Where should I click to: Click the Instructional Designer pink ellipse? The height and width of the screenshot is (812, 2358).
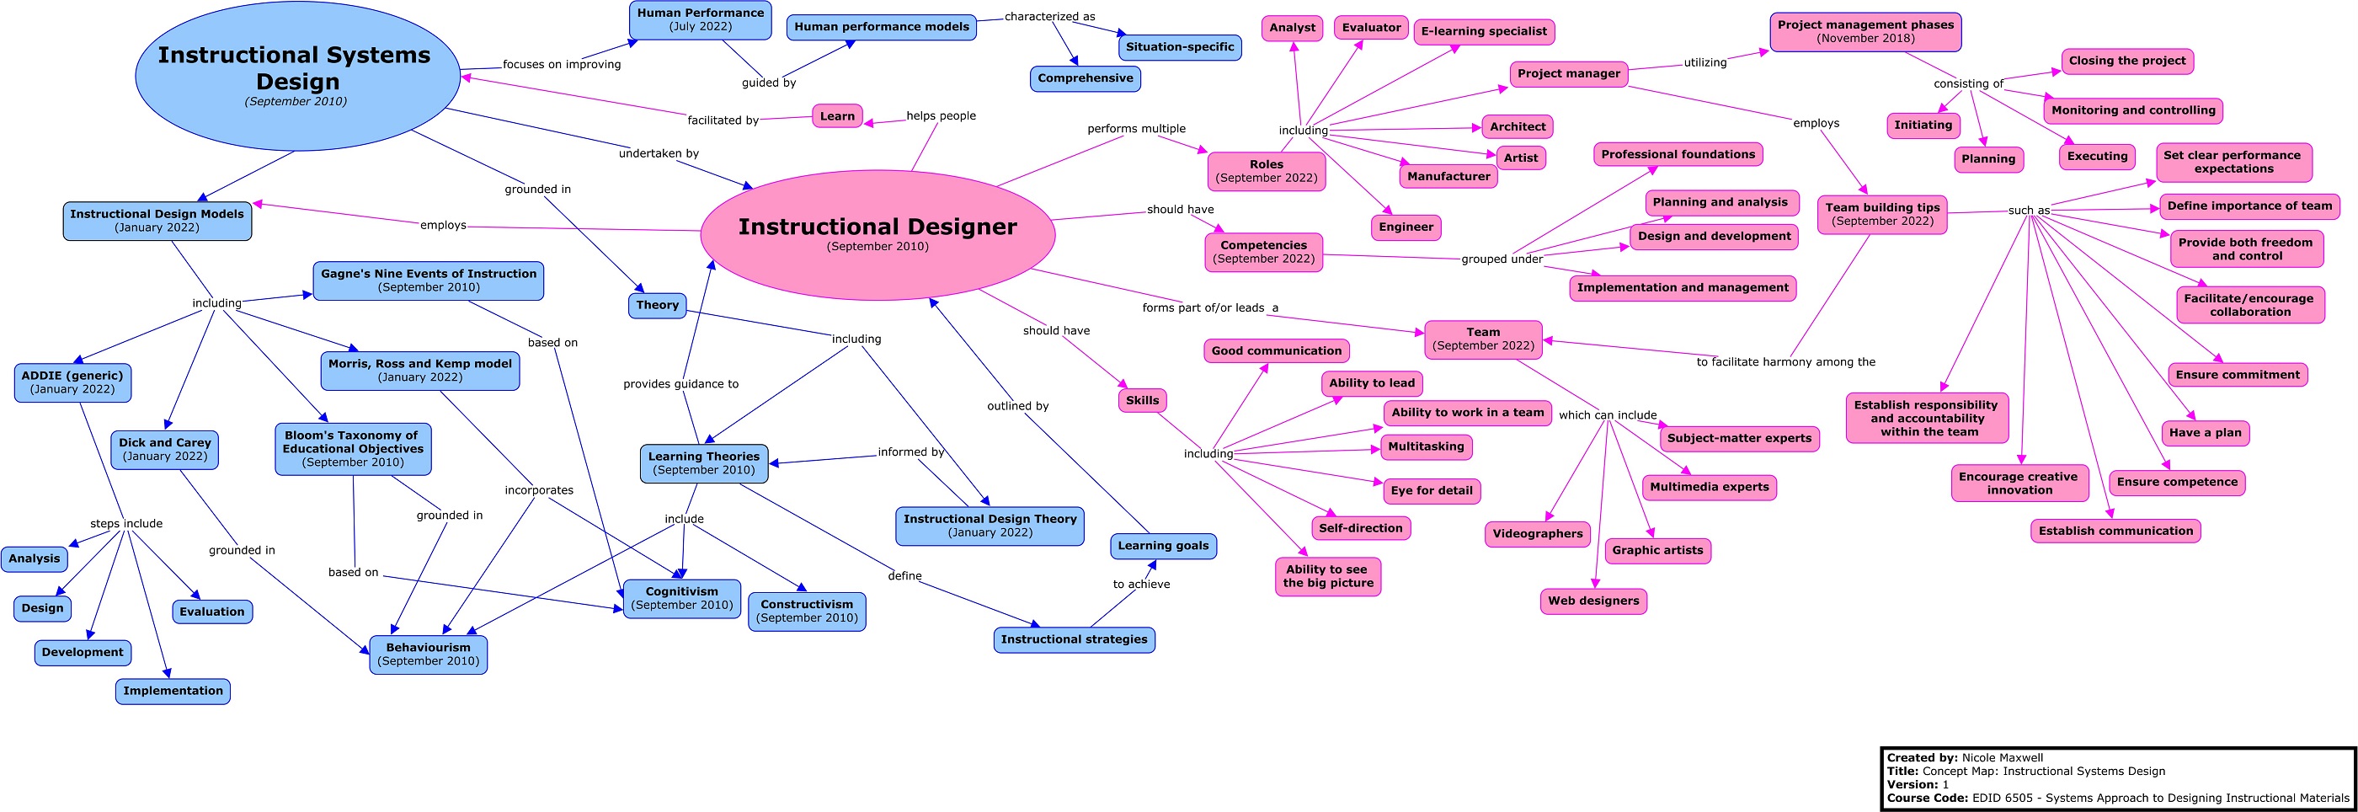pyautogui.click(x=877, y=234)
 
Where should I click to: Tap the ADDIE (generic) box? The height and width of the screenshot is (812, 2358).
pyautogui.click(x=72, y=382)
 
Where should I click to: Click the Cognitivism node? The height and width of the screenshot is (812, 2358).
pyautogui.click(x=682, y=598)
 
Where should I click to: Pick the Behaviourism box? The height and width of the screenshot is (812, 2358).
pyautogui.click(x=429, y=654)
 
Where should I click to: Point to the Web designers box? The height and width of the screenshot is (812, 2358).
pyautogui.click(x=1592, y=601)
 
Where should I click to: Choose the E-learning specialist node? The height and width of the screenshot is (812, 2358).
pyautogui.click(x=1484, y=31)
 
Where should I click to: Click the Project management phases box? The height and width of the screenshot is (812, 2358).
pyautogui.click(x=1865, y=31)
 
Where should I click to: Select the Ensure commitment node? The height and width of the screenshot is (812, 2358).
pyautogui.click(x=2238, y=375)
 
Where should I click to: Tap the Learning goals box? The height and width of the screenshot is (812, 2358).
pyautogui.click(x=1162, y=546)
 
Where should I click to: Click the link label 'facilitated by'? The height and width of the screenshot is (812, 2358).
pyautogui.click(x=723, y=120)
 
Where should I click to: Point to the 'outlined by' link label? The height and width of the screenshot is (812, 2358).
pyautogui.click(x=1017, y=405)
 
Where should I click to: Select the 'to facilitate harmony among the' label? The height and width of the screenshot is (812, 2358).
pyautogui.click(x=1785, y=361)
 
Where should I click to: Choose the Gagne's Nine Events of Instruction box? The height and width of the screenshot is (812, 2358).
pyautogui.click(x=429, y=280)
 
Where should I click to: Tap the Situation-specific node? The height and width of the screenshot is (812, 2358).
pyautogui.click(x=1179, y=46)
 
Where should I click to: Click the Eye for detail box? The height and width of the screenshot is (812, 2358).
pyautogui.click(x=1431, y=491)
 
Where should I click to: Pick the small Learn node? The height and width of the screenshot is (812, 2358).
pyautogui.click(x=836, y=116)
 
